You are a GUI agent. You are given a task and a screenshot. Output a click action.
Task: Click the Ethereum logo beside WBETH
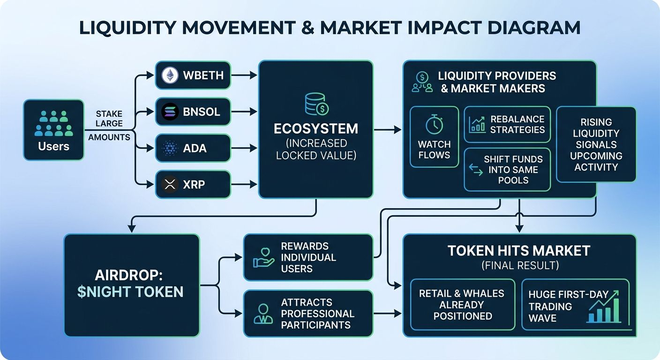point(170,75)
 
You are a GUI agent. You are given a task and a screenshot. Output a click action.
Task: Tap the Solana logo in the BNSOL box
point(170,112)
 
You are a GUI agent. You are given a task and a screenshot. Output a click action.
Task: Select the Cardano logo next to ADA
point(170,148)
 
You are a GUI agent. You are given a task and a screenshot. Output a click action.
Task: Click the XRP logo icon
point(170,184)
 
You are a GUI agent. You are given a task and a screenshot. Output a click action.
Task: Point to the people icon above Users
point(54,123)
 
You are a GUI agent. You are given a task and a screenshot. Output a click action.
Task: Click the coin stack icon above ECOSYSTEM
point(316,104)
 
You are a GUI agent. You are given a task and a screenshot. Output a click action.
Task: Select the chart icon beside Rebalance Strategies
point(477,124)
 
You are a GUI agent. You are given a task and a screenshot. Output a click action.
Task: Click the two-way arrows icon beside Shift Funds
point(476,170)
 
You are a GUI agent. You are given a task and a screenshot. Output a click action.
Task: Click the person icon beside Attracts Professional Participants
point(263,314)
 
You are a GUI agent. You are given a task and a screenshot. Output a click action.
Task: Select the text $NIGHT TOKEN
point(130,292)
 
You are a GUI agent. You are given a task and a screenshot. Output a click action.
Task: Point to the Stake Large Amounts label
point(109,125)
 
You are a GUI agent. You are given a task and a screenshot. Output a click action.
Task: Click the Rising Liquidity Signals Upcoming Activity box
point(596,144)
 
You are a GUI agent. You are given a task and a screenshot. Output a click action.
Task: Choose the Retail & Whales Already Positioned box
point(462,304)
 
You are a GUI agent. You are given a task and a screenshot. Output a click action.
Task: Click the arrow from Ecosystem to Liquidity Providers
point(387,129)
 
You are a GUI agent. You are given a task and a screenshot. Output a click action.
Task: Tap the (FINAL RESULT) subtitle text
point(520,266)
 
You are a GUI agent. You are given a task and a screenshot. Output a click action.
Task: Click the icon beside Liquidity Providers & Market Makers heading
point(422,82)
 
